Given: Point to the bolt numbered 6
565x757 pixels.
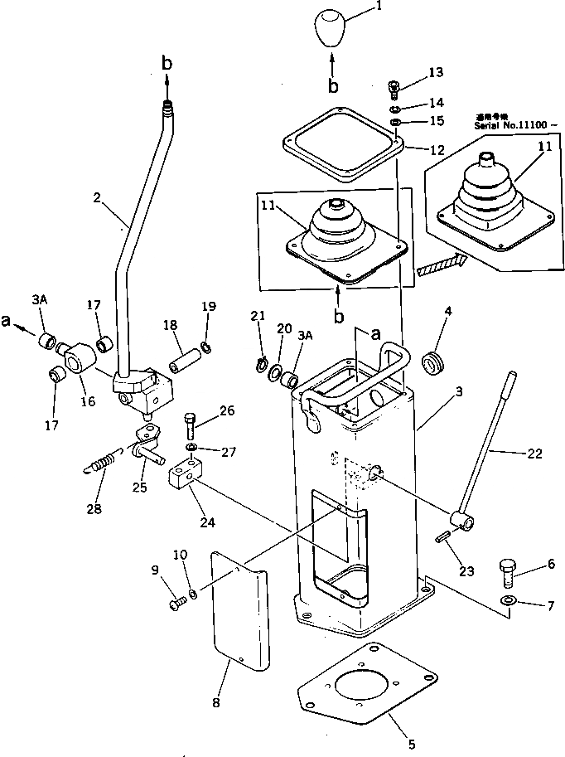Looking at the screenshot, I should pyautogui.click(x=508, y=573).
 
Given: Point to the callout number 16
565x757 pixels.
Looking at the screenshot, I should pyautogui.click(x=86, y=400).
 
